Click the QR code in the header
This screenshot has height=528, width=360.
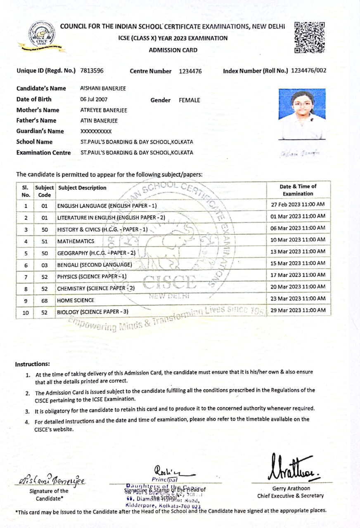310,38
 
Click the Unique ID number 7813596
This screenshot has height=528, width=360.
92,71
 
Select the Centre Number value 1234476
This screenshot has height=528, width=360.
190,71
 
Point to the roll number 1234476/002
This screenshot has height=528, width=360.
308,71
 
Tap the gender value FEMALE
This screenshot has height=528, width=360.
189,100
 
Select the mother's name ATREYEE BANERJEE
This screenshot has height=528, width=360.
104,110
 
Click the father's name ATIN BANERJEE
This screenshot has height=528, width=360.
99,121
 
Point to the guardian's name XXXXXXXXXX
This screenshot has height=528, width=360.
96,131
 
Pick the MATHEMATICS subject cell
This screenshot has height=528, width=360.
76,241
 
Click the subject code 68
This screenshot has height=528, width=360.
45,301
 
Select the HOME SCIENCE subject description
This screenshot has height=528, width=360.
76,301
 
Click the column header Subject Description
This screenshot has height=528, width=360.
83,188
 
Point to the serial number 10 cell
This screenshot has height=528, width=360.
26,313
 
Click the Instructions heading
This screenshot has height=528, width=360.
33,364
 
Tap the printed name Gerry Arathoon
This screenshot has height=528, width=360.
291,488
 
